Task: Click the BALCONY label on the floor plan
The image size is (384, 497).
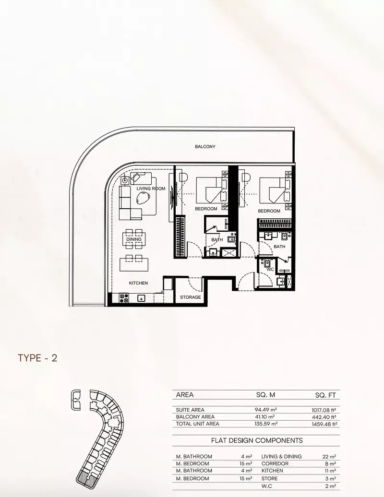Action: click(x=205, y=147)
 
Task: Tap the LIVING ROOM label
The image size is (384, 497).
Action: click(x=151, y=189)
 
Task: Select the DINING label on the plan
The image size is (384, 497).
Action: click(x=134, y=239)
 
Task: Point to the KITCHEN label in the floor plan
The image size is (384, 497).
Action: click(x=138, y=283)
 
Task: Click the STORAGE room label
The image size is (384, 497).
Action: click(x=191, y=297)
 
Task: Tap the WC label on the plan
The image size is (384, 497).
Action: click(x=270, y=270)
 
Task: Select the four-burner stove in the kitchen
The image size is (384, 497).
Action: click(x=124, y=297)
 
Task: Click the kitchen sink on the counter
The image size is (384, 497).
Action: click(x=141, y=298)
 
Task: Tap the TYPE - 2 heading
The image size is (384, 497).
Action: click(x=37, y=358)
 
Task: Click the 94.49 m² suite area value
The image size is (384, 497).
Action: click(x=265, y=410)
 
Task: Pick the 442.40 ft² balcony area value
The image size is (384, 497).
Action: click(x=324, y=417)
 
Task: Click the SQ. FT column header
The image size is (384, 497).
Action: click(x=325, y=395)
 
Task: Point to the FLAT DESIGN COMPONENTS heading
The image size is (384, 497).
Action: click(x=257, y=440)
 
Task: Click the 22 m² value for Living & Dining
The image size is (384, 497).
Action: click(x=329, y=457)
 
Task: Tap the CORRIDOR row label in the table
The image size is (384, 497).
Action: click(x=275, y=464)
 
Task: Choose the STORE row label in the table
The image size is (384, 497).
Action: click(x=270, y=479)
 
